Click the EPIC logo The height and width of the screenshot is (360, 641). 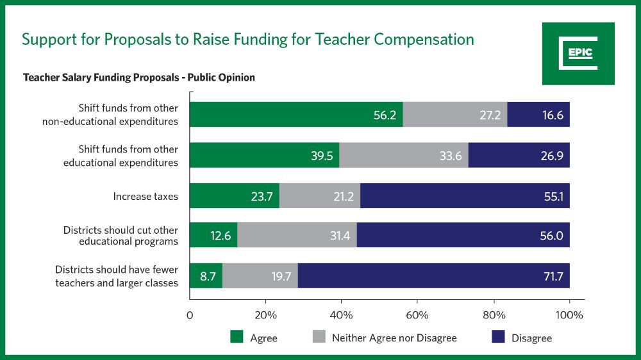[x=578, y=54]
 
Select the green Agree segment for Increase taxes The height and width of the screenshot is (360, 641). [x=235, y=195]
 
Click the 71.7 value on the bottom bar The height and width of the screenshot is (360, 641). [x=552, y=276]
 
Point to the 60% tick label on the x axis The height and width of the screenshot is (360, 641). [x=417, y=315]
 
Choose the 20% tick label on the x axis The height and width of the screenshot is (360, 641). [x=265, y=315]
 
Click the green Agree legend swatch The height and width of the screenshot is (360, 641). [x=237, y=337]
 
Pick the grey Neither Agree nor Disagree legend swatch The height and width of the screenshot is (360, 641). [x=318, y=337]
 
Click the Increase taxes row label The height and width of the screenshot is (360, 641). [x=146, y=196]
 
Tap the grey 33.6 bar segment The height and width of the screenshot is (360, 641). [x=404, y=156]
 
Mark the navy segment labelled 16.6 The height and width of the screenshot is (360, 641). [x=538, y=115]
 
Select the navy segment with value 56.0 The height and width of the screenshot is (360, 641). [x=463, y=236]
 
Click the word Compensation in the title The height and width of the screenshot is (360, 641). [x=424, y=39]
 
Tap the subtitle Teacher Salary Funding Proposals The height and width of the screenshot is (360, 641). [x=139, y=78]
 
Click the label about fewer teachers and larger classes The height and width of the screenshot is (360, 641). [x=117, y=276]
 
